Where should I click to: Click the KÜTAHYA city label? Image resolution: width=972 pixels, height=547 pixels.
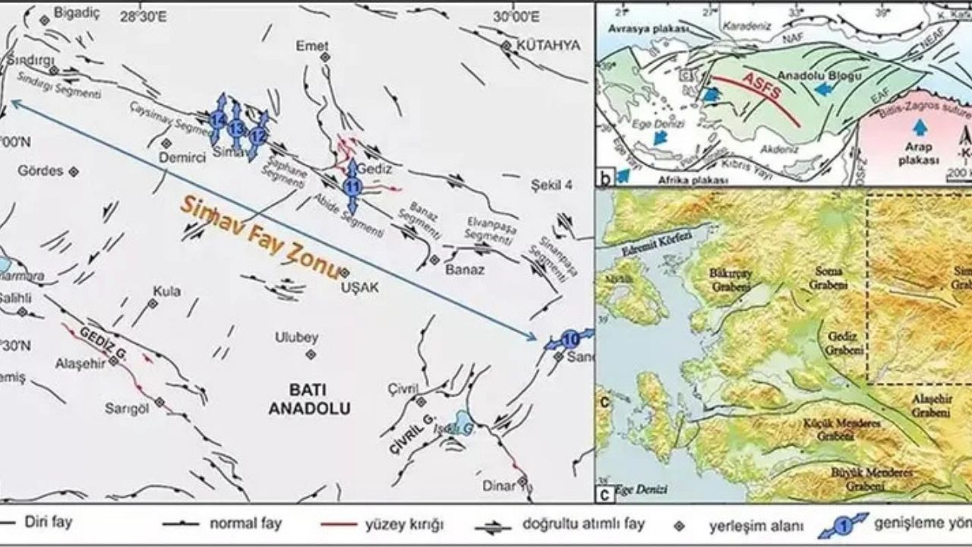(x=548, y=45)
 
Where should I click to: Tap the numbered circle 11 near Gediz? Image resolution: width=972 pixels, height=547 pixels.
(x=352, y=185)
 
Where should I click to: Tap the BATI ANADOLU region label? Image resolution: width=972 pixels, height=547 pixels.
(x=309, y=399)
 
